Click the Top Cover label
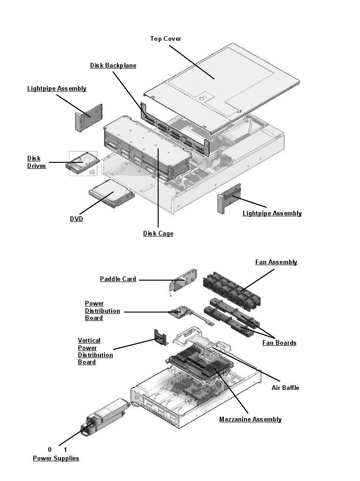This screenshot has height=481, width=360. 165,38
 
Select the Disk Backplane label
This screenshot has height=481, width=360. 113,65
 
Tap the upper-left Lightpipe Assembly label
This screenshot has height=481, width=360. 57,88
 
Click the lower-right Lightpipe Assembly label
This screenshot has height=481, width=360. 272,213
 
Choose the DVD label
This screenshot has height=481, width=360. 77,219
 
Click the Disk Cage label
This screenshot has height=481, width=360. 158,233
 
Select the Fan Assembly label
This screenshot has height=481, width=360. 276,262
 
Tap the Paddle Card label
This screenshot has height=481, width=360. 118,279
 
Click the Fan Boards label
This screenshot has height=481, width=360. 279,343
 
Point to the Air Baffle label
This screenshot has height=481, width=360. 285,388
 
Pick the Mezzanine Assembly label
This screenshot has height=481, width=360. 250,419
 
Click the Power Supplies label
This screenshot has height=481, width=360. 56,458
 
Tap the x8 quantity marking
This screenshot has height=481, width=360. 92,172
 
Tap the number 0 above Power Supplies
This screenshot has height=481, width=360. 50,450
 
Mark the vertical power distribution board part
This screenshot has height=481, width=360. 161,337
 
